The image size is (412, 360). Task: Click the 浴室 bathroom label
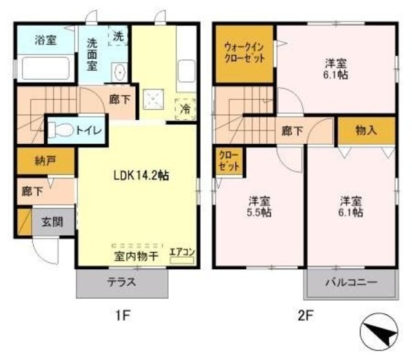tap(45, 40)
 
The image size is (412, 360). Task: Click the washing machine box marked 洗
tap(118, 36)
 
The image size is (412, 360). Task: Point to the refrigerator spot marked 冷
tap(185, 109)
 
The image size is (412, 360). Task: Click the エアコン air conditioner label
tap(181, 252)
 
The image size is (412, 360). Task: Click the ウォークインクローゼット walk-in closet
tap(244, 53)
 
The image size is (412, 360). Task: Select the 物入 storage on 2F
tap(366, 130)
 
